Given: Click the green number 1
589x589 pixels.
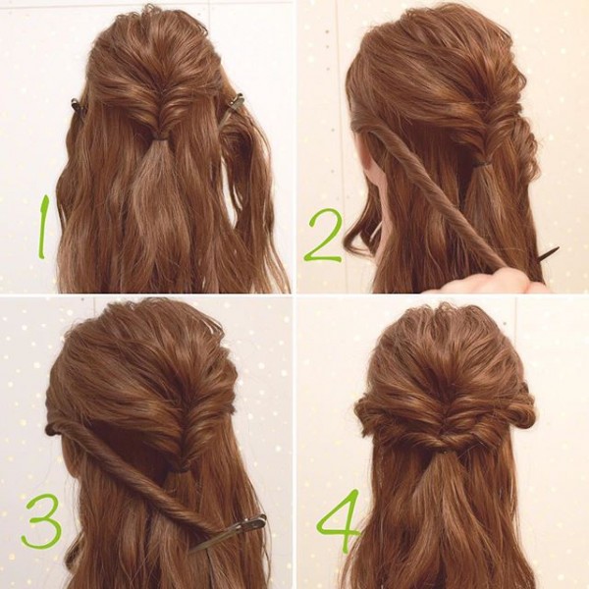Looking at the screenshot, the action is coord(43,227).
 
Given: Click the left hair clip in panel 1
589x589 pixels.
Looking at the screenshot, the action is coord(77,106).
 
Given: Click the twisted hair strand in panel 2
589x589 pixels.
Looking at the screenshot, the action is coord(436,195).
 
